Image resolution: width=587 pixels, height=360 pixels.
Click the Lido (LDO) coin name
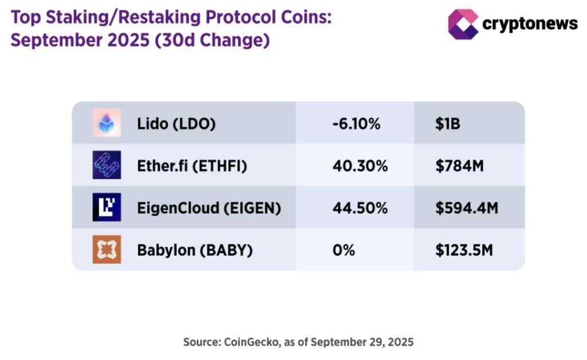[177, 123]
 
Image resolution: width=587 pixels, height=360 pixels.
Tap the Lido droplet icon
[107, 123]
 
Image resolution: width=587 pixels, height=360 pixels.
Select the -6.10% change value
[356, 123]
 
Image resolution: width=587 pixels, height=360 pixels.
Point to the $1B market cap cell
[448, 123]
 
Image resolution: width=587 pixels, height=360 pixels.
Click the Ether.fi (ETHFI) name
[192, 166]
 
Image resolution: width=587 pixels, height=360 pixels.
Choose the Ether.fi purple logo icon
[107, 165]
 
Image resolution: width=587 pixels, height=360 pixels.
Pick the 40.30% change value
[360, 166]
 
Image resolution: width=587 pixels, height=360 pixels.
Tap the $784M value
[460, 166]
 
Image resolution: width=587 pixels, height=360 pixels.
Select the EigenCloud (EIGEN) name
[209, 208]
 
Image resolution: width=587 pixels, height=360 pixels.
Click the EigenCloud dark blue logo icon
[107, 208]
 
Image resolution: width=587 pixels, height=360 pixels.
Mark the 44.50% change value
[360, 208]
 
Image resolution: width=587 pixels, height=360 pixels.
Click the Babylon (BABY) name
[195, 251]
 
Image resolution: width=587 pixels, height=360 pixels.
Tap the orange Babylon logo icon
[107, 250]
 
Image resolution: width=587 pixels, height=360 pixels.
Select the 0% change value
[343, 251]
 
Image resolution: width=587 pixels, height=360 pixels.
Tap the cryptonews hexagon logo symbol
[463, 24]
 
